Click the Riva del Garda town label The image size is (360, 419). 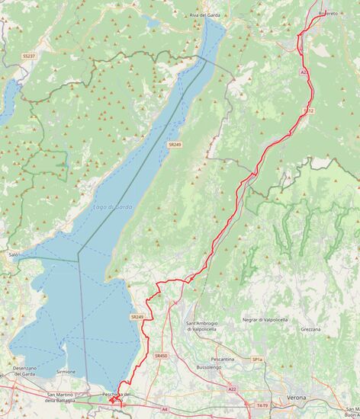click(205, 15)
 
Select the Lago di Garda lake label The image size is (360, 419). click(112, 206)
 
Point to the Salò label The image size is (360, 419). click(13, 254)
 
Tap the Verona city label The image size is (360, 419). click(296, 398)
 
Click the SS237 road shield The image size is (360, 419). click(29, 56)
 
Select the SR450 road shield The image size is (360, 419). click(160, 356)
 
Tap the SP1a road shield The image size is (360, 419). click(257, 359)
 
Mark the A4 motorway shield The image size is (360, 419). click(164, 409)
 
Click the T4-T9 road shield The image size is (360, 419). click(262, 406)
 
